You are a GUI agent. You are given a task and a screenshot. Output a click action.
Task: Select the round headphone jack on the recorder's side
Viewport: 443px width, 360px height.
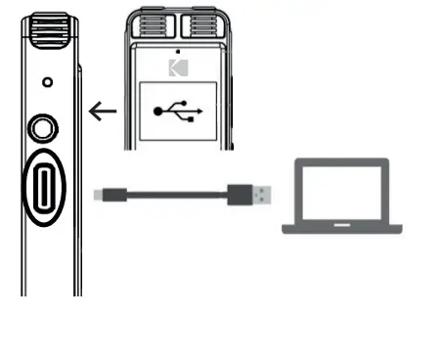coord(44,127)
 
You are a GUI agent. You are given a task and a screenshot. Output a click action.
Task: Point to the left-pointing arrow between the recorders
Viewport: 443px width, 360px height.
coord(102,111)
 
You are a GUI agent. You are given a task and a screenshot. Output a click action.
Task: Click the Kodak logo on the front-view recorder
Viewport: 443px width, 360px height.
coord(176,67)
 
